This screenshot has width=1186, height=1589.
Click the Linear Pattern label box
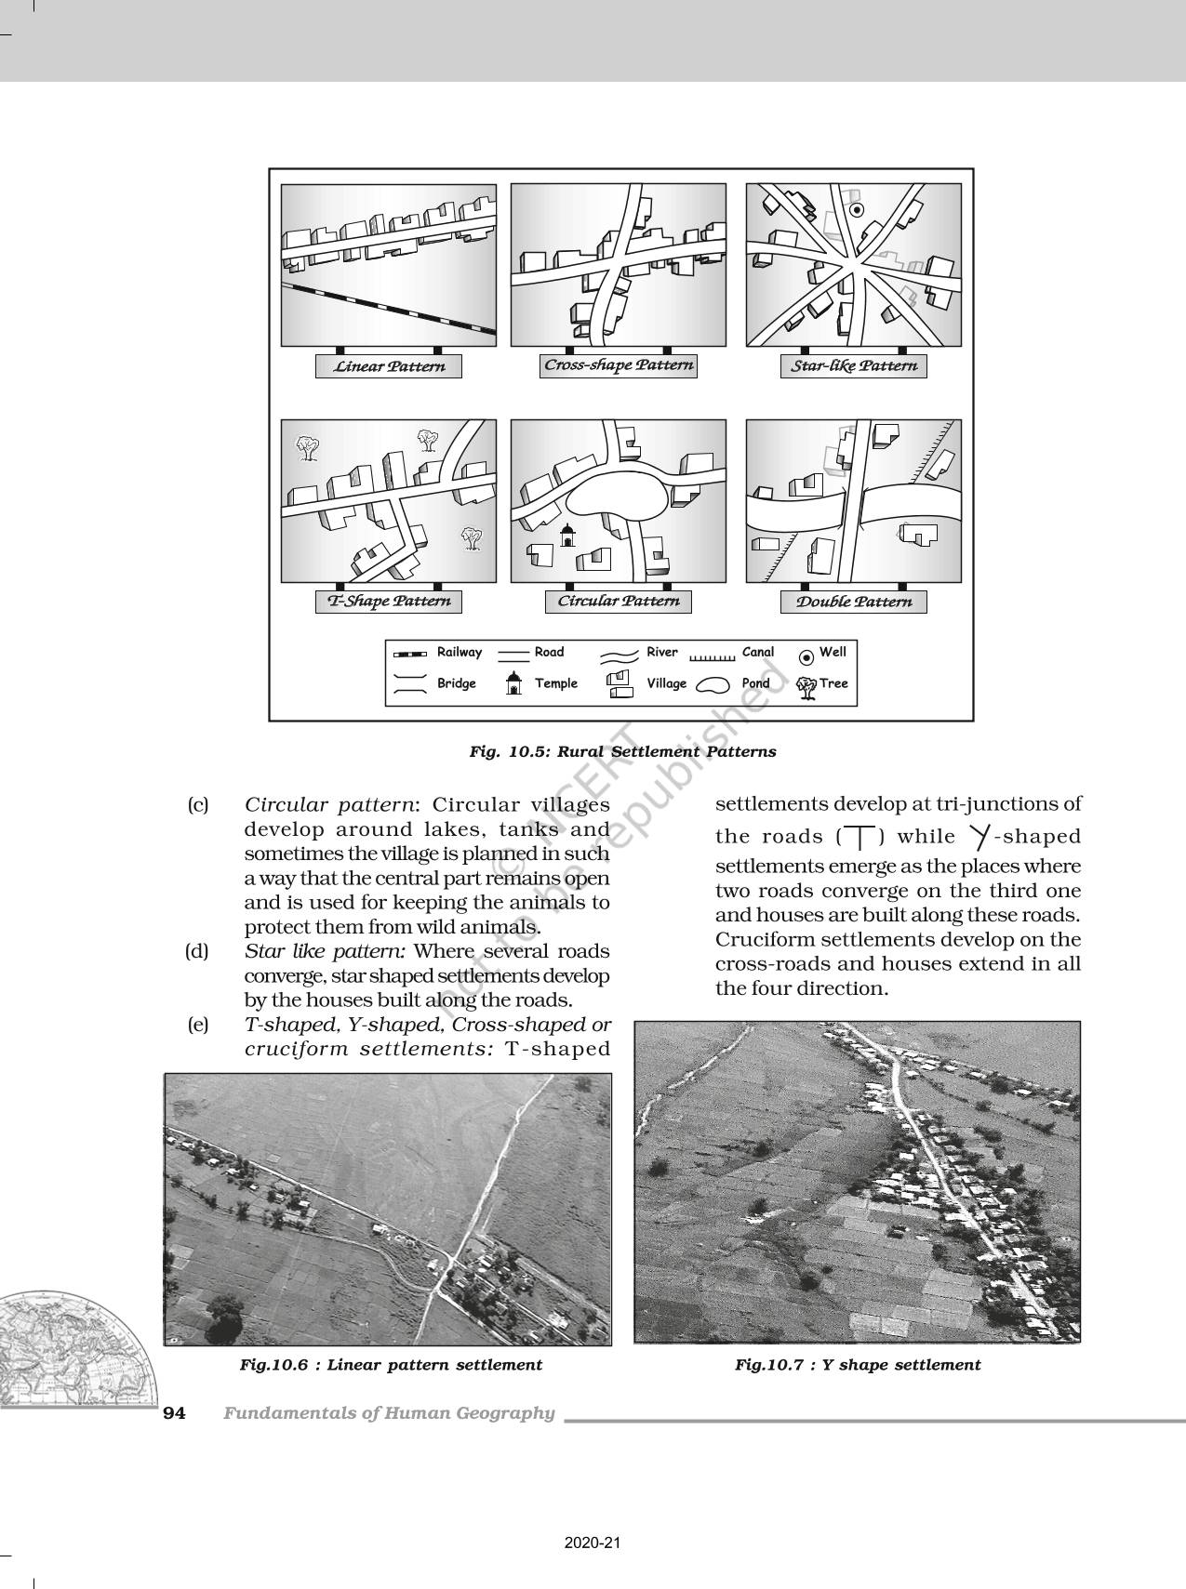coord(389,366)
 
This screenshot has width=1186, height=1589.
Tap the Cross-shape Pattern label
coord(619,365)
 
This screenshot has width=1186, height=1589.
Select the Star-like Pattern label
coord(854,366)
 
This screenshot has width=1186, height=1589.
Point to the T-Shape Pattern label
coord(389,602)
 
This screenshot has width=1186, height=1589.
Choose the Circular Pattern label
coord(619,602)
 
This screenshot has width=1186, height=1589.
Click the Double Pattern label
coord(854,602)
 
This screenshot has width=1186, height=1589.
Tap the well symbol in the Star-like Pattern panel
coord(859,210)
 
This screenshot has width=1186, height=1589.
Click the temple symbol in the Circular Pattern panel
coord(566,535)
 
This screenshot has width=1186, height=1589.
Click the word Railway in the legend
coord(460,653)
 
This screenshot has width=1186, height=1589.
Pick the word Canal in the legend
coord(758,653)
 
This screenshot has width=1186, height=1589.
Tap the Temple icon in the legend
coord(512,684)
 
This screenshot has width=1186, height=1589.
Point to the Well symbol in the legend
coord(806,657)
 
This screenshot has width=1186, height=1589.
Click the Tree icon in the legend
coord(806,686)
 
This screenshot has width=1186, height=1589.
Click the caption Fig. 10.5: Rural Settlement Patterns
coord(622,751)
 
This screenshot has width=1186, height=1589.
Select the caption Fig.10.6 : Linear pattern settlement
coord(391,1365)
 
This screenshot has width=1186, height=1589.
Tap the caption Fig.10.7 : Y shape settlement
coord(858,1365)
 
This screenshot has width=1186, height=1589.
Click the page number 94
coord(175,1413)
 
